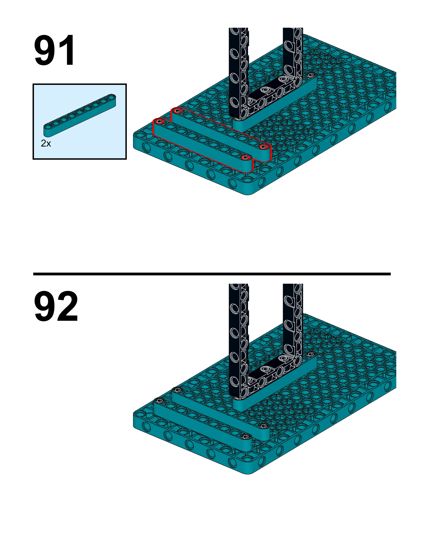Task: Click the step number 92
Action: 56,306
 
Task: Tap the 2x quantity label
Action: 46,144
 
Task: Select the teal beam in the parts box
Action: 80,115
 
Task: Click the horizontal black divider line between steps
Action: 212,274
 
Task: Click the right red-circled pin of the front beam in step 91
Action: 246,158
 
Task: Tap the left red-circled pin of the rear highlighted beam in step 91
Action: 177,110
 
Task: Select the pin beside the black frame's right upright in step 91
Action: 311,75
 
